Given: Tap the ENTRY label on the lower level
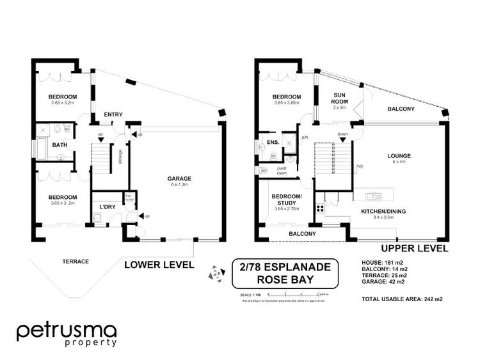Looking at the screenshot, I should click(x=113, y=114).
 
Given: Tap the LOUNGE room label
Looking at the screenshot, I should click(x=399, y=155).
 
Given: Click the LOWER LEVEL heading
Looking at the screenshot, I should click(x=159, y=263).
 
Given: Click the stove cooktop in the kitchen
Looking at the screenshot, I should click(x=319, y=210).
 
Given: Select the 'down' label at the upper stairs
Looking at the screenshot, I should click(x=343, y=134).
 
